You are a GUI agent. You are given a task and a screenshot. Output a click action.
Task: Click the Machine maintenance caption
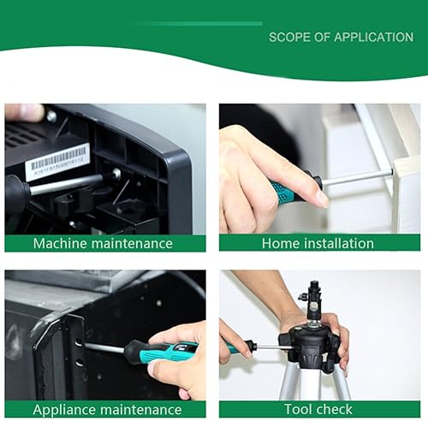click(x=103, y=243)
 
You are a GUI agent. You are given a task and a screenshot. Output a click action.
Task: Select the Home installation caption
click(x=318, y=243)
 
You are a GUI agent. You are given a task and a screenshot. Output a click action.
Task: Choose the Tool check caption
click(x=318, y=409)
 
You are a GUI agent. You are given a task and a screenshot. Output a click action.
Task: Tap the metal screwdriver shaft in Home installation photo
click(x=355, y=177)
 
